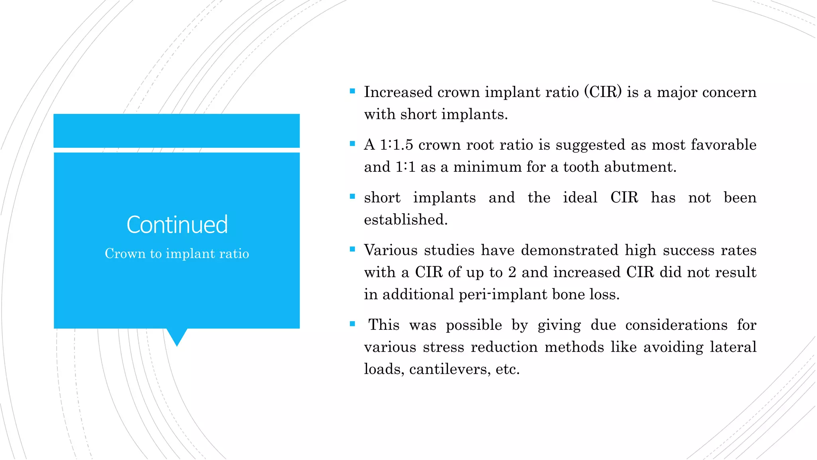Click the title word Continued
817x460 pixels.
pyautogui.click(x=177, y=225)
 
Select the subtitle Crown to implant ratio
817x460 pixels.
pyautogui.click(x=177, y=254)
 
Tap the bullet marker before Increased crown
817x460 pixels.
pyautogui.click(x=352, y=91)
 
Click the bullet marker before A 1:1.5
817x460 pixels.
pyautogui.click(x=352, y=144)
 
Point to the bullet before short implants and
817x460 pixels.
pyautogui.click(x=352, y=196)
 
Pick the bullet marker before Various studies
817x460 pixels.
pyautogui.click(x=352, y=249)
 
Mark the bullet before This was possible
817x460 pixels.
pyautogui.click(x=352, y=324)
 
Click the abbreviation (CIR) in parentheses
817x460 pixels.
pyautogui.click(x=603, y=92)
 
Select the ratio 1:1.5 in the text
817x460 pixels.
pyautogui.click(x=396, y=145)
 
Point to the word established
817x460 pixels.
pyautogui.click(x=405, y=220)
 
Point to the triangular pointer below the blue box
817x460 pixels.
pyautogui.click(x=177, y=337)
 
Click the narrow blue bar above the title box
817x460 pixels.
pyautogui.click(x=177, y=131)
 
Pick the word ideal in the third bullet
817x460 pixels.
pyautogui.click(x=580, y=198)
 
